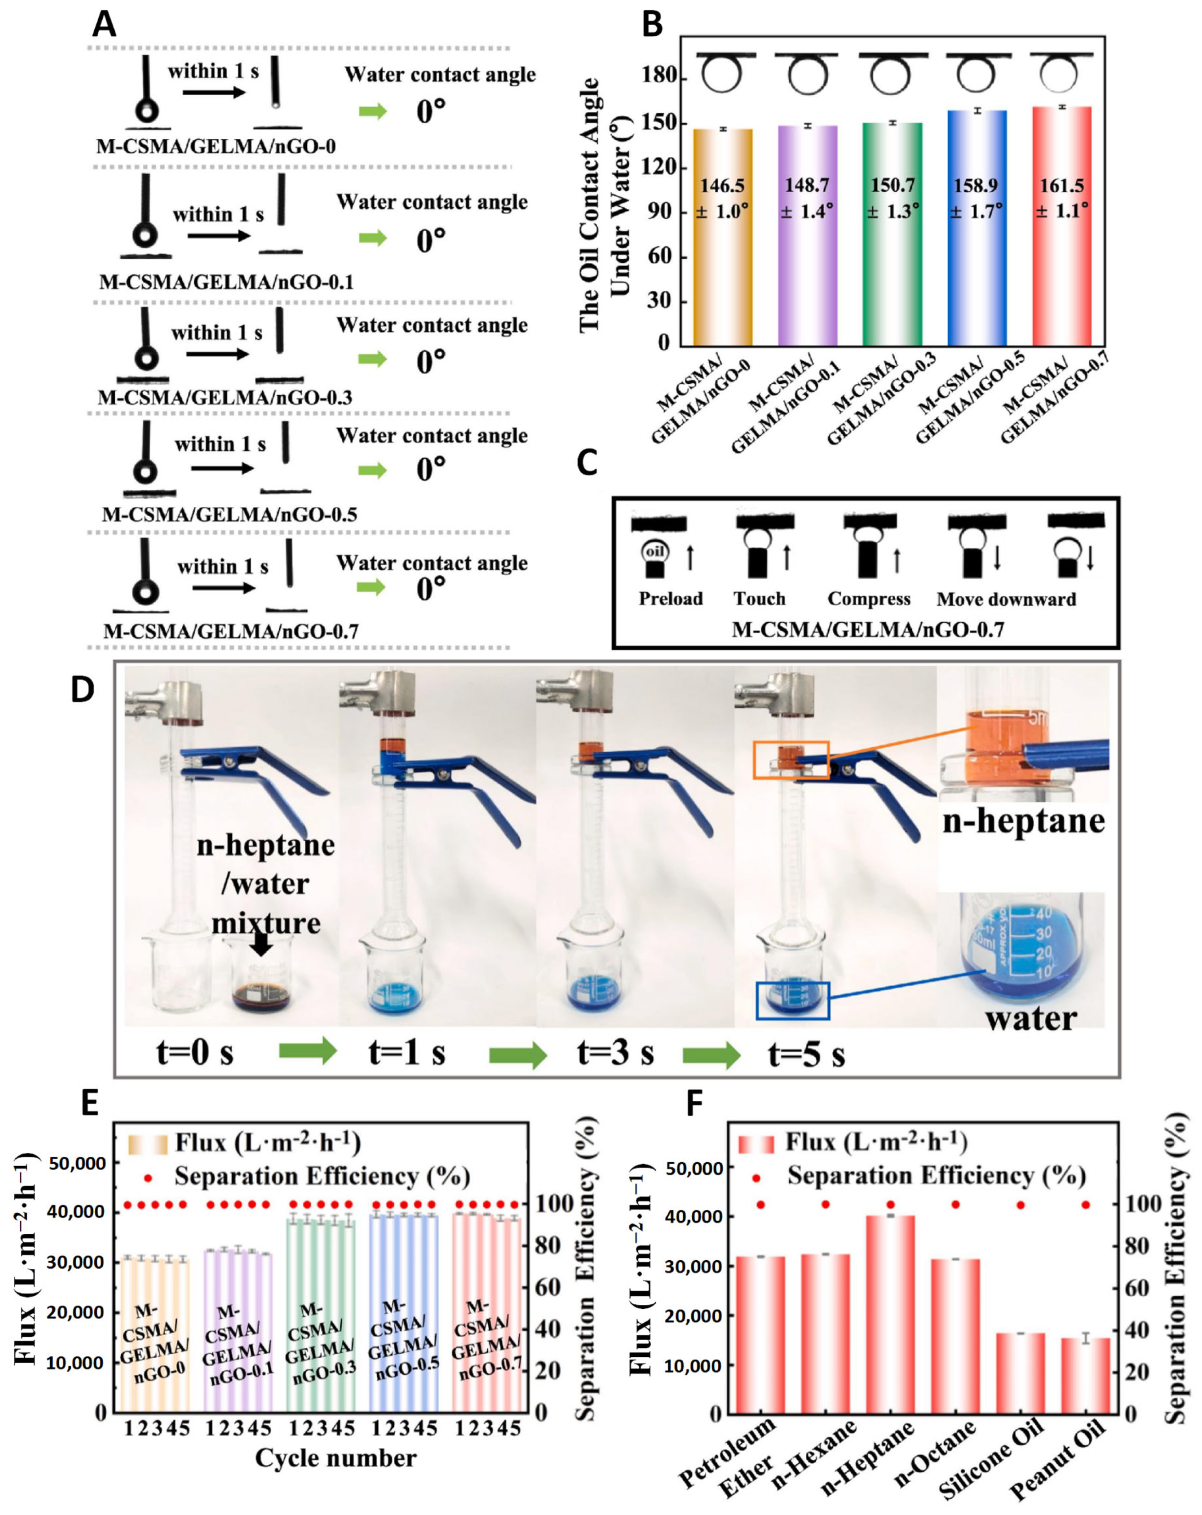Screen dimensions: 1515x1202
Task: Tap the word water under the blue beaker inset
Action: click(x=1030, y=1018)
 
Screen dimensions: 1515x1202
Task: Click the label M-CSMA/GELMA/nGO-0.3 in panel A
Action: click(x=225, y=398)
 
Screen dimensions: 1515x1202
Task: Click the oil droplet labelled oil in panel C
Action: click(x=655, y=552)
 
